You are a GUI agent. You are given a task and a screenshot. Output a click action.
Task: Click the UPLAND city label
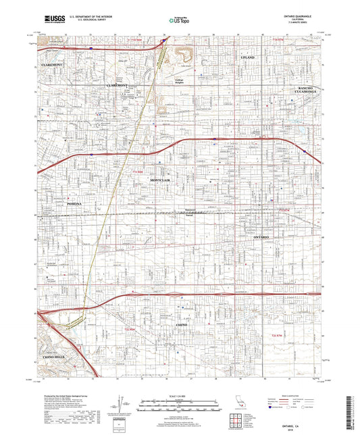tap(248, 59)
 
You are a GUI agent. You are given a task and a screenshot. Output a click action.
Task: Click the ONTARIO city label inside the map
tap(261, 238)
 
